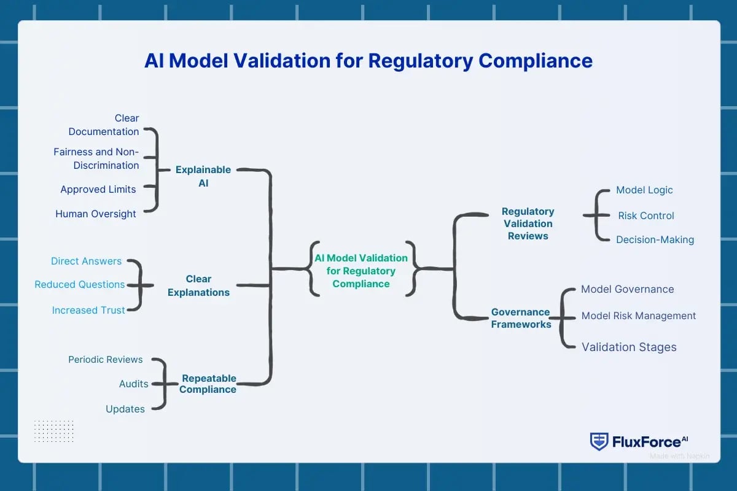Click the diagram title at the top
[368, 61]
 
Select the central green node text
[361, 271]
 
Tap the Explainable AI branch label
[203, 176]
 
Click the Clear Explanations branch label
[199, 285]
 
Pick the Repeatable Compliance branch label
[208, 384]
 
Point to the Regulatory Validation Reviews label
[528, 223]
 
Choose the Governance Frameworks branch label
[521, 318]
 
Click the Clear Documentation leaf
[104, 125]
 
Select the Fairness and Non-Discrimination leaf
[97, 158]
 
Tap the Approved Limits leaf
[98, 189]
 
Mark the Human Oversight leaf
[96, 214]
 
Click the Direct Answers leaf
[87, 261]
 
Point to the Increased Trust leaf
[88, 310]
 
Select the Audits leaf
[134, 384]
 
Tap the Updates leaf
[125, 409]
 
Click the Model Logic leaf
[644, 190]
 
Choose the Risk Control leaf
[646, 215]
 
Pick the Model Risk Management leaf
[639, 315]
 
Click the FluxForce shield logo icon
[599, 441]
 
